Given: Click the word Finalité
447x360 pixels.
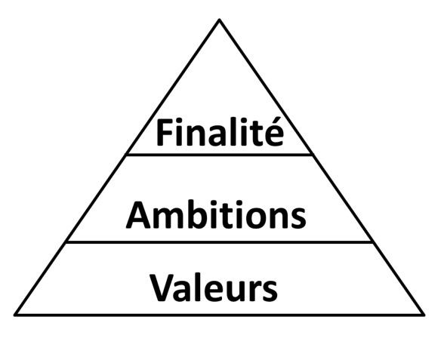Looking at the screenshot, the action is pyautogui.click(x=220, y=132).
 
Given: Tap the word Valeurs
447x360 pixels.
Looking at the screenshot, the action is pyautogui.click(x=214, y=288).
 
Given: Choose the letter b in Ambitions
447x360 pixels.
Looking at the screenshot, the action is pyautogui.click(x=193, y=215).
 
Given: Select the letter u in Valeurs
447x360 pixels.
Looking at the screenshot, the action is pyautogui.click(x=239, y=291).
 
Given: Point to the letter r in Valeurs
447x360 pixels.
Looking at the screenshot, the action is pyautogui.click(x=256, y=291).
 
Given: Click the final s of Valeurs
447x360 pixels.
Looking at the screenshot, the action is pyautogui.click(x=270, y=291).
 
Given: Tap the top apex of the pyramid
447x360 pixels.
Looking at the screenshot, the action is pyautogui.click(x=220, y=20).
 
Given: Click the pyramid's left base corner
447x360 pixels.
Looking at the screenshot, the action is pyautogui.click(x=15, y=315).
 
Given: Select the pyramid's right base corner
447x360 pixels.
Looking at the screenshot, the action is pyautogui.click(x=424, y=315).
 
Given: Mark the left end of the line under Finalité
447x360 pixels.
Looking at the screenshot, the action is pyautogui.click(x=127, y=155).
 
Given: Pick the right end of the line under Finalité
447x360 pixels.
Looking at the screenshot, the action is pyautogui.click(x=312, y=155).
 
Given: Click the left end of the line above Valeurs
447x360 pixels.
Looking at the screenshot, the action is pyautogui.click(x=66, y=242).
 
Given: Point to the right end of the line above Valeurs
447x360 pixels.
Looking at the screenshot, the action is pyautogui.click(x=372, y=242).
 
